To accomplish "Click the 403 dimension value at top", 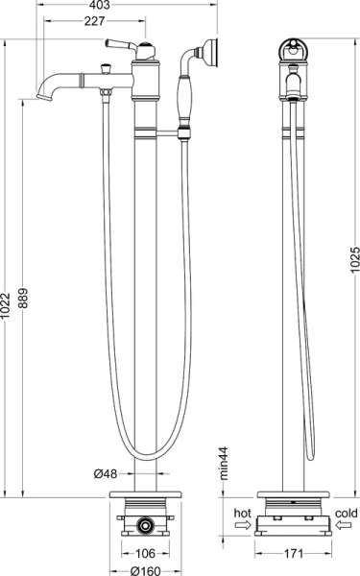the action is pyautogui.click(x=100, y=5).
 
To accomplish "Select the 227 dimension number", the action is pyautogui.click(x=94, y=21).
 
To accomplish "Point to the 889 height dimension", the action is pyautogui.click(x=23, y=298).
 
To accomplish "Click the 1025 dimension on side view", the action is pyautogui.click(x=354, y=260).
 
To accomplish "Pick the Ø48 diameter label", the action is pyautogui.click(x=106, y=474).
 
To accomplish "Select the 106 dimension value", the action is pyautogui.click(x=146, y=553).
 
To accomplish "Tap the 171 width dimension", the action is pyautogui.click(x=294, y=553).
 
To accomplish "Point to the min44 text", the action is pyautogui.click(x=224, y=464).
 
